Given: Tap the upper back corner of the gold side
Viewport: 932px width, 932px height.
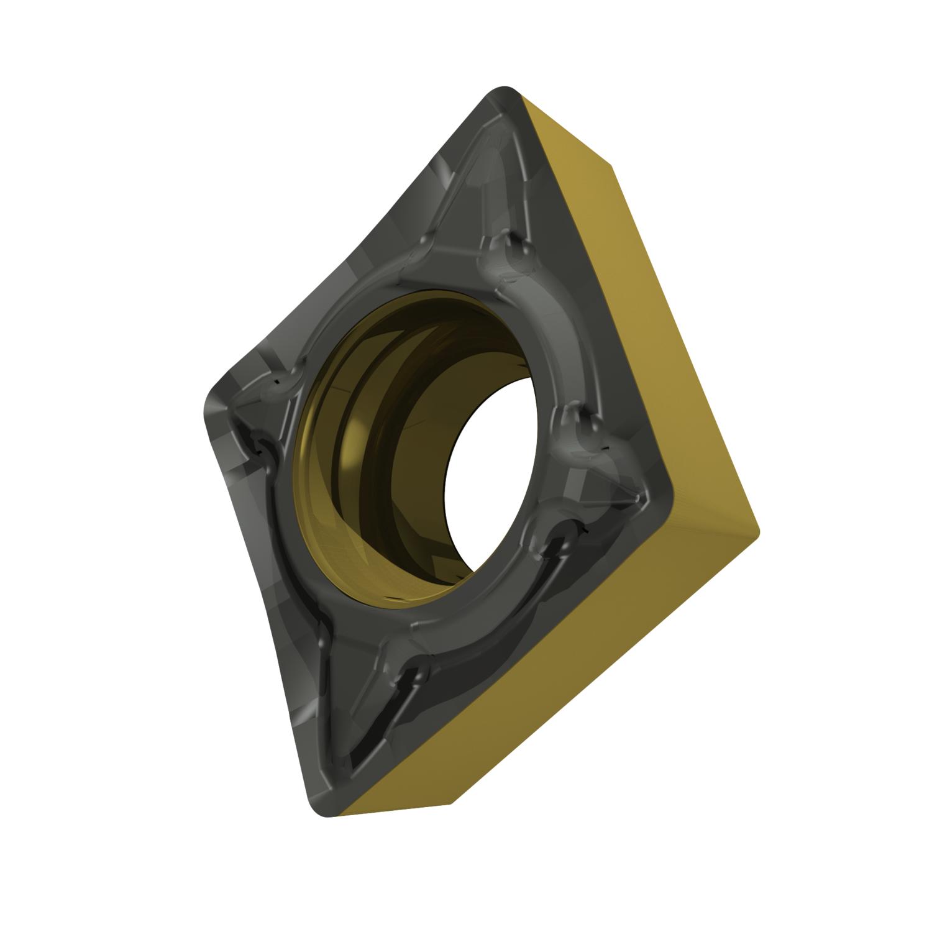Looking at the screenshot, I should [612, 165].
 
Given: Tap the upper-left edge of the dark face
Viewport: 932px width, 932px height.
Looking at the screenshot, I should [348, 249].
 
